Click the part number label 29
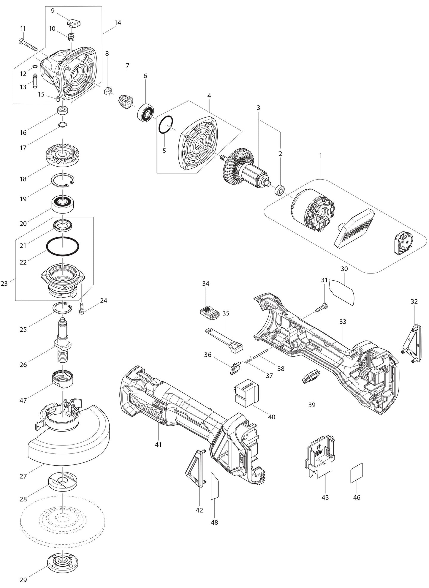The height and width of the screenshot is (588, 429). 23,579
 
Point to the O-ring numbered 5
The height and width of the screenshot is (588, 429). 166,124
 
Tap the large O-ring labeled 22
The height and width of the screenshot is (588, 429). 63,246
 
